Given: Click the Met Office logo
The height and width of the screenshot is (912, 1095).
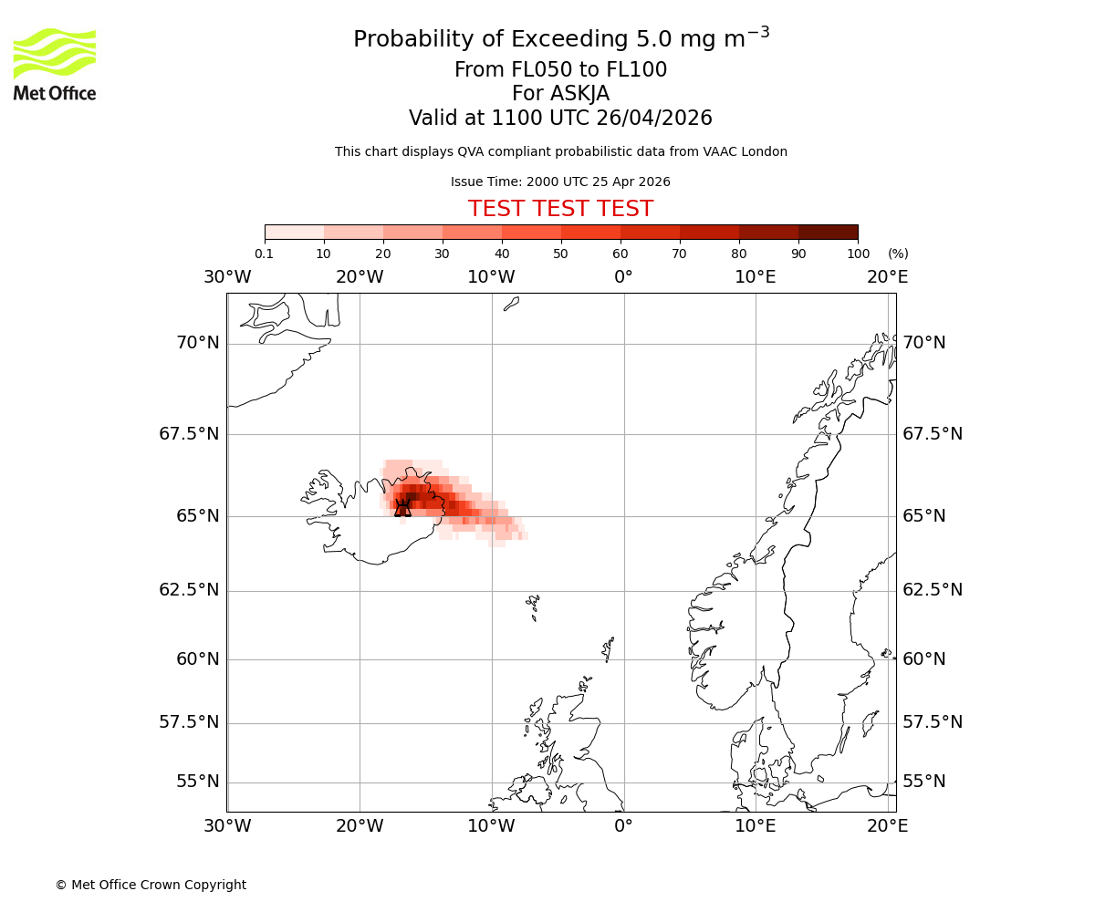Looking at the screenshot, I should [55, 64].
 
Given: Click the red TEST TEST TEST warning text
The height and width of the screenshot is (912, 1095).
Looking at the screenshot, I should [560, 209].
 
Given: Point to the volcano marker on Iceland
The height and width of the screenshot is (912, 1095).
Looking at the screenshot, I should [402, 508].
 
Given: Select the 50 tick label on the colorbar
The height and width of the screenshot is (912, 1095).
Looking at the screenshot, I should [560, 254].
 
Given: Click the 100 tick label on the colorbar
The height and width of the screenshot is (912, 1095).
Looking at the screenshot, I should [858, 254].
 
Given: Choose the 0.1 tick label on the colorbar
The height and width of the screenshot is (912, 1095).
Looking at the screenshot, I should [265, 254].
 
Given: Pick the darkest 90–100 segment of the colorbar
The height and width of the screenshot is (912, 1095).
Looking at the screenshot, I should [828, 232].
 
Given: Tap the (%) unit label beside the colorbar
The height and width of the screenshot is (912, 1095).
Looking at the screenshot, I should [898, 254].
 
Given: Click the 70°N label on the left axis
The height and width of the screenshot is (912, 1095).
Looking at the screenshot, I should [197, 343].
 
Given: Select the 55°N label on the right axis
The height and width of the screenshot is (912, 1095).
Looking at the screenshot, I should [923, 782].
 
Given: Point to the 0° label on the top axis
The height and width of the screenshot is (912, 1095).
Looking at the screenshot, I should [623, 276].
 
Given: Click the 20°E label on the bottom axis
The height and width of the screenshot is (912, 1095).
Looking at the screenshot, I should [887, 826].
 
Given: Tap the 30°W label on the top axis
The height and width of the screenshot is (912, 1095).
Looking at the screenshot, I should [227, 276].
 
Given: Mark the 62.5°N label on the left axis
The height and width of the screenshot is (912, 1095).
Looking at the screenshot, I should [189, 590].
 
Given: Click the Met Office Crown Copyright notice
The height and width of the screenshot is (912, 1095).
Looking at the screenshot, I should [151, 885].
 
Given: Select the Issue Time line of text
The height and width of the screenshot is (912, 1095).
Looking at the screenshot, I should [560, 181].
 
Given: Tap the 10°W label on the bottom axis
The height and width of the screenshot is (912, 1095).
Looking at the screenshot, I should [491, 826].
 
